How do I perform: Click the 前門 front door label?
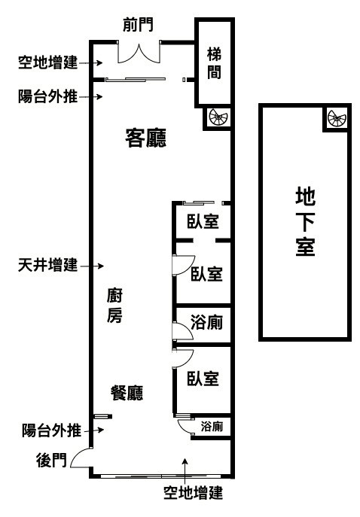(139, 25)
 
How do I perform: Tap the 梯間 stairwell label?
(214, 63)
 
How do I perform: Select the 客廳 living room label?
(145, 138)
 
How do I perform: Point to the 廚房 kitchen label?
(114, 306)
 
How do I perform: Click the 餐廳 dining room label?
(127, 393)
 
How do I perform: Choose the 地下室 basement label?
(305, 221)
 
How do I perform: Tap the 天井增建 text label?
(48, 265)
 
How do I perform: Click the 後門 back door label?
(51, 460)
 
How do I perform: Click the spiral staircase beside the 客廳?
(218, 117)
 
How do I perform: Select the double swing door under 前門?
(139, 53)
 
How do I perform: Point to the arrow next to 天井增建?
(92, 266)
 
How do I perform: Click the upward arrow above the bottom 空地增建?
(185, 471)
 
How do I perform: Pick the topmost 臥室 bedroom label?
(203, 221)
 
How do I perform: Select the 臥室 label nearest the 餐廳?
(203, 379)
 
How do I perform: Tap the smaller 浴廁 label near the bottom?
(212, 427)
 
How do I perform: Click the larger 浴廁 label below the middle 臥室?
(206, 322)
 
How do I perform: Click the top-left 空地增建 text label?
(48, 62)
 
